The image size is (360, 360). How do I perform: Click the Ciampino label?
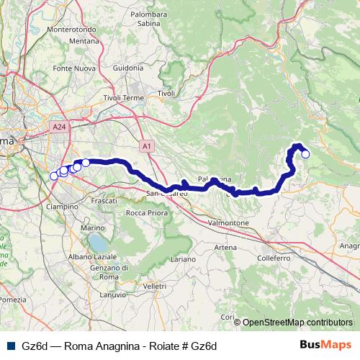[62, 206]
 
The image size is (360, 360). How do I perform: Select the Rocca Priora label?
[147, 212]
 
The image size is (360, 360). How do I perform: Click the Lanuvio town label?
[113, 294]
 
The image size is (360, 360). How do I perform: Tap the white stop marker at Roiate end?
[305, 153]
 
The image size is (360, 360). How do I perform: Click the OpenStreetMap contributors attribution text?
[297, 322]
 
